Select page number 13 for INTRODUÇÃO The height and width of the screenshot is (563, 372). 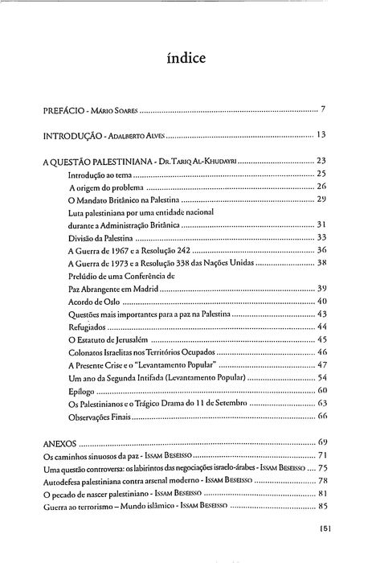[321, 134]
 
